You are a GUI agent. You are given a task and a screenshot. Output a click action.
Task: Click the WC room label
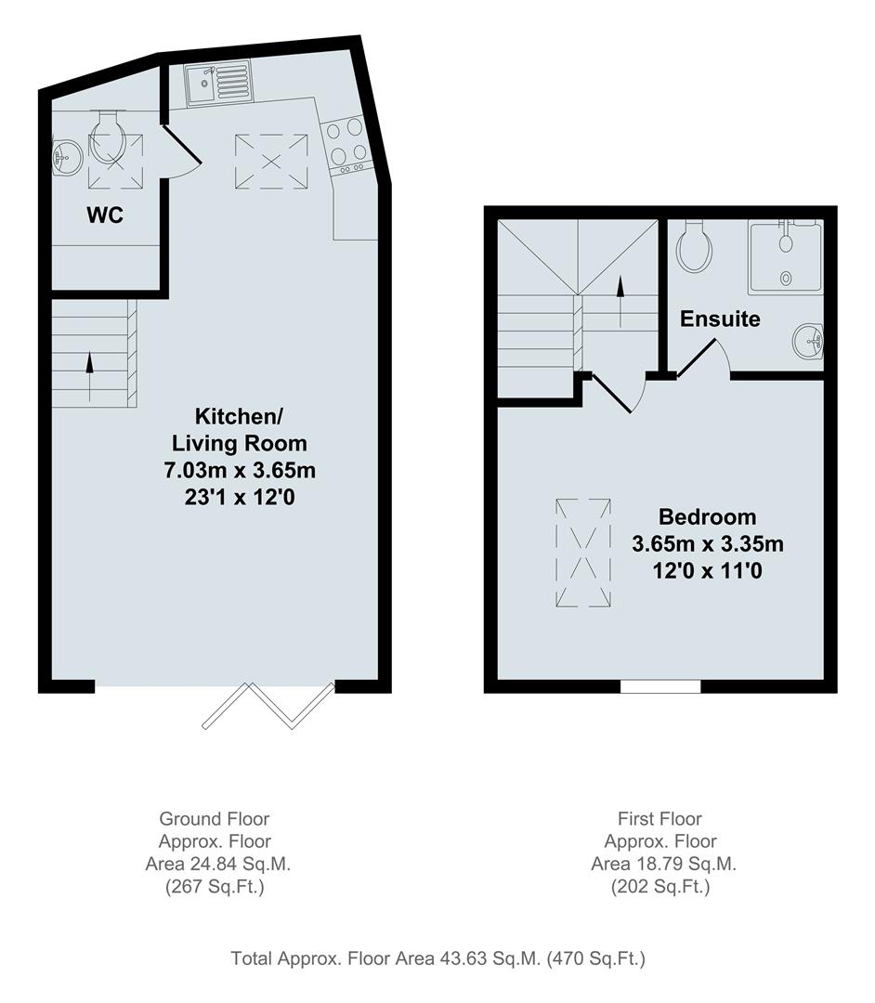(x=106, y=215)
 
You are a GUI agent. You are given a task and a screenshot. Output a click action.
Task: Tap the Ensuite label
(x=720, y=319)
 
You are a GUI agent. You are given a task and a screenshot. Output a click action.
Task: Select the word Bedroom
(x=707, y=516)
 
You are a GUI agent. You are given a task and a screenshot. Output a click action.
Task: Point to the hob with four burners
(x=346, y=144)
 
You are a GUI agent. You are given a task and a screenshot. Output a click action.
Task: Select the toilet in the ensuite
(x=694, y=245)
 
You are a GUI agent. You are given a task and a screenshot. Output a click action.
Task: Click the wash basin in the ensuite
(x=810, y=341)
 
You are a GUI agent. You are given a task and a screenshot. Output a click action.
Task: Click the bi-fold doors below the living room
(x=268, y=705)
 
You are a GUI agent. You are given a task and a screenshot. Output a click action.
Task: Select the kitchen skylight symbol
(x=271, y=161)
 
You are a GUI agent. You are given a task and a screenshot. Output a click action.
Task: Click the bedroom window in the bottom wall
(x=660, y=686)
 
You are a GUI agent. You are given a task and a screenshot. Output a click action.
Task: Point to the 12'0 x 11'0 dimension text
(x=708, y=571)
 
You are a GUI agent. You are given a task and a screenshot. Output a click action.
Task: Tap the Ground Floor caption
(x=215, y=819)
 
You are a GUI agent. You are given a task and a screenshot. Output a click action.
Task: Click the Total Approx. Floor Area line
(x=437, y=958)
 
